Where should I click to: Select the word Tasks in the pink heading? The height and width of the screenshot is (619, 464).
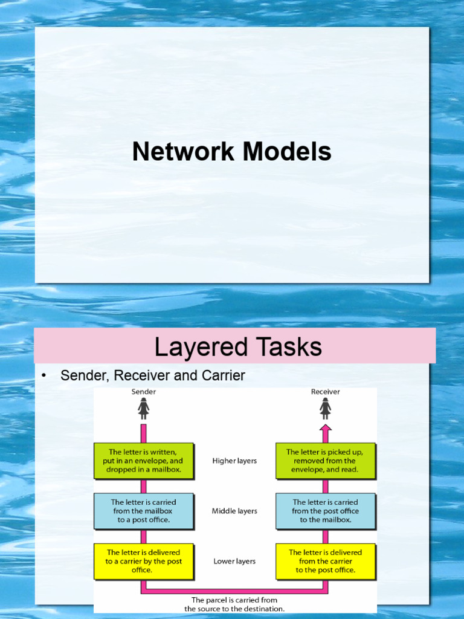point(288,347)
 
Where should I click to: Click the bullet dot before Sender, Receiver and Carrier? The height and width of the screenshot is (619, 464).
point(43,376)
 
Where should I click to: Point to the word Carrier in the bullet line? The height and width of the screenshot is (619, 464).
point(222,375)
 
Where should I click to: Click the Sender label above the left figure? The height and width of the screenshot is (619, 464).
point(144,392)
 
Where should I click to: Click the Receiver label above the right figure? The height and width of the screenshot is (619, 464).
point(325,392)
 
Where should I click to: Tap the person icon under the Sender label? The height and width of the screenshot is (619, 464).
point(144,409)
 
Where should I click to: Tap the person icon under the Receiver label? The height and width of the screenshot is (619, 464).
point(325,409)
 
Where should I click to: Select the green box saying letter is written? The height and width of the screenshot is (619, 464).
point(144,461)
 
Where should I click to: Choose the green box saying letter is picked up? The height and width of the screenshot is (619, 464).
point(325,461)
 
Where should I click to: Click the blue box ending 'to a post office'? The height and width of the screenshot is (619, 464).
point(144,511)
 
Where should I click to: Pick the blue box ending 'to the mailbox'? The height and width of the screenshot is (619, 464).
point(325,511)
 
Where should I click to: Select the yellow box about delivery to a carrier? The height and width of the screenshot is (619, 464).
point(144,561)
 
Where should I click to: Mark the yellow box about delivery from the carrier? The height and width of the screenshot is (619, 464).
point(325,561)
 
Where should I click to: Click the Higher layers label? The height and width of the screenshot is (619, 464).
point(234,461)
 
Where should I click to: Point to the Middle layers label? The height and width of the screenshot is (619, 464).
point(234,511)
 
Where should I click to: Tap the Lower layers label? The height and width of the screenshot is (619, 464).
point(234,561)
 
